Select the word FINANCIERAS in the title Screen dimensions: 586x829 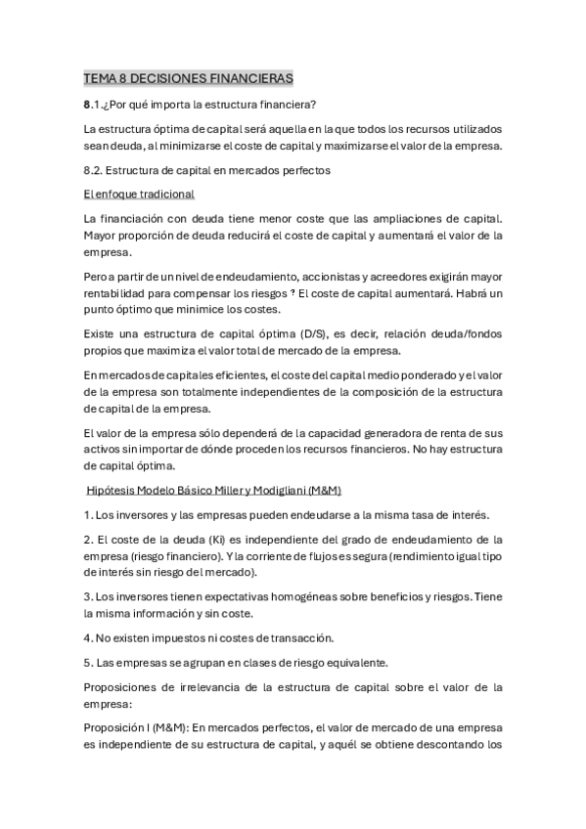coord(248,77)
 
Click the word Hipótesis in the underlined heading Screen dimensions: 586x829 coord(113,490)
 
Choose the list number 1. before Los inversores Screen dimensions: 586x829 coord(87,514)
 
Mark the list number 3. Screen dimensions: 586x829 coord(87,594)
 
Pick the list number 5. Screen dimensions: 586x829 coord(87,663)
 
